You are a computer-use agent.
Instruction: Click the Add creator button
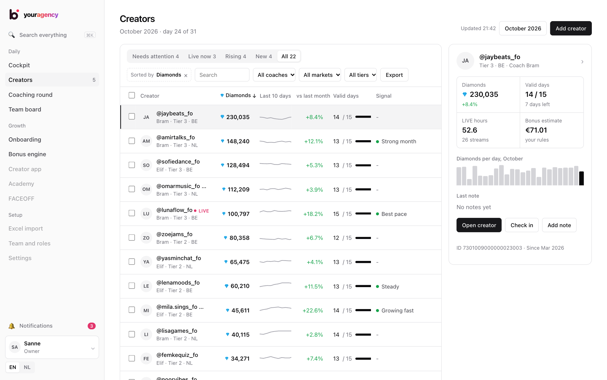[570, 28]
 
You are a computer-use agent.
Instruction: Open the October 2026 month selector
[523, 28]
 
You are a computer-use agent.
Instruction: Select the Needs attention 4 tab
[155, 56]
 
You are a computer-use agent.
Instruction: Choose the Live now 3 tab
[202, 56]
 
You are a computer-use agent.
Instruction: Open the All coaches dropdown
[274, 75]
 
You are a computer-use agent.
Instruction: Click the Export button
[394, 75]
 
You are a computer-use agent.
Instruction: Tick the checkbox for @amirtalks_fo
[132, 141]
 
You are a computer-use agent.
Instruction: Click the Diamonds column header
[238, 95]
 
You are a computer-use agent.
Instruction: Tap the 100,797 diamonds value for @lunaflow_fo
[239, 214]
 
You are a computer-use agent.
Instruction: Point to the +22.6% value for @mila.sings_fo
[313, 310]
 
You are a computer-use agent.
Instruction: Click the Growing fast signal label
[397, 310]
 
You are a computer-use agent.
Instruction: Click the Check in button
[522, 225]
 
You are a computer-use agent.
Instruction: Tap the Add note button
[559, 225]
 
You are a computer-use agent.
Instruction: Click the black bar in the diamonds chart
[581, 178]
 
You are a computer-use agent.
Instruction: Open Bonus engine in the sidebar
[27, 154]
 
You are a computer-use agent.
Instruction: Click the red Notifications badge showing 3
[92, 326]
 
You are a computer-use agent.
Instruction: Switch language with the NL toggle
[27, 367]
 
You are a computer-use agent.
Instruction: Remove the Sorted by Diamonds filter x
[186, 75]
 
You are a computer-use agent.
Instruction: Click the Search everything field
[52, 35]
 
